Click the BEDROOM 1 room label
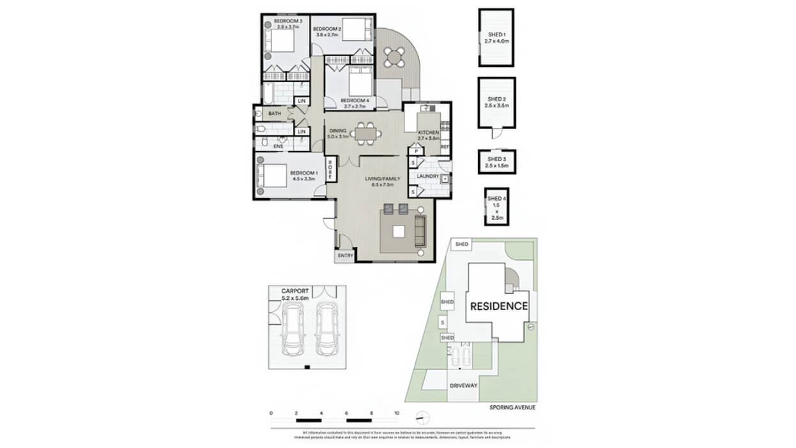[x=303, y=176]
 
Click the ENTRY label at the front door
[x=345, y=256]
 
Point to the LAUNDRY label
[x=427, y=176]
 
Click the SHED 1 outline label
[x=496, y=38]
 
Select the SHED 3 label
[x=496, y=162]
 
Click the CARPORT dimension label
[x=295, y=294]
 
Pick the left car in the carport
[x=293, y=329]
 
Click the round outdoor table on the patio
[x=395, y=58]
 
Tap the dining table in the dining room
[x=367, y=133]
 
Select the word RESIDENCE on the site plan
[x=499, y=306]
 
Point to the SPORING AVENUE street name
[x=512, y=407]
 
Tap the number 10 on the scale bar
[x=397, y=413]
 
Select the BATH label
[x=275, y=114]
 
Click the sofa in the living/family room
[x=420, y=231]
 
